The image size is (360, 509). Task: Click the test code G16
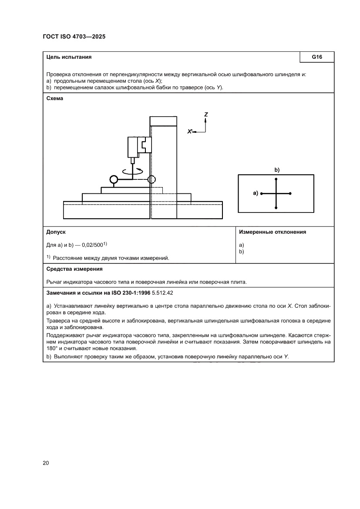317,57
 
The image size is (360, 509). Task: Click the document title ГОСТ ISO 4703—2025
74,37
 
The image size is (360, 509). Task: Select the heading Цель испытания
69,57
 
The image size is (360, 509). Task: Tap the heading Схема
55,98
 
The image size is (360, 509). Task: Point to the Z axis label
206,114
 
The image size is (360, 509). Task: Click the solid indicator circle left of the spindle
114,179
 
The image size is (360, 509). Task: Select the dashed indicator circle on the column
151,179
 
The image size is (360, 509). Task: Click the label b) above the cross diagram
276,169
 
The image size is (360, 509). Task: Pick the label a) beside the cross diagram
256,193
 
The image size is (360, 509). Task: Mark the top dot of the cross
276,179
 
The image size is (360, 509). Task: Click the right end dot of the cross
290,193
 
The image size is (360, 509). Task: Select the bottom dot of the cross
276,208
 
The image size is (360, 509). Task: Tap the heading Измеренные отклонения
273,232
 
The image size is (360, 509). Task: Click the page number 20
46,462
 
